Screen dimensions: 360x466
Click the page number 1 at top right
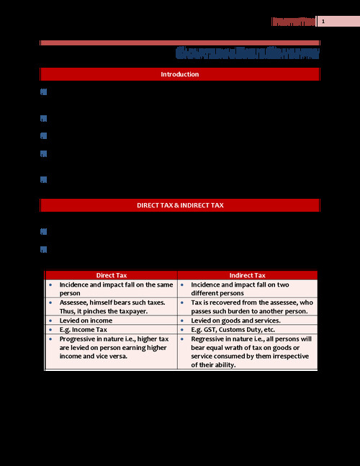tap(323, 22)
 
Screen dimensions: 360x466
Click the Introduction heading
tap(180, 74)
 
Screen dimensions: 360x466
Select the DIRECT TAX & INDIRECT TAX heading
tap(180, 205)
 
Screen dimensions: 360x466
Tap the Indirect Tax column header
tap(247, 275)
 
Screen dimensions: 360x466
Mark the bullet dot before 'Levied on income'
tap(50, 320)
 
